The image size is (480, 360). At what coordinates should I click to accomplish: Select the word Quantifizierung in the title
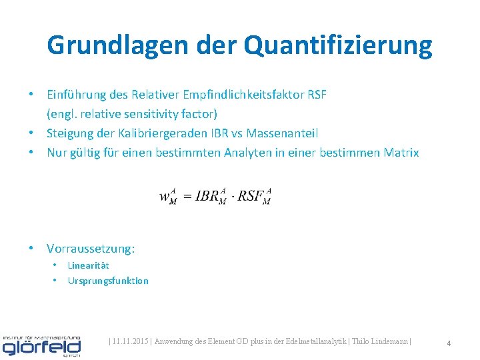tap(338, 45)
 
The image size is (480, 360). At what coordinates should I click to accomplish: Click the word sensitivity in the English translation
tap(151, 114)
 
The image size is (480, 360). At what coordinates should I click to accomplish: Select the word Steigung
tap(71, 133)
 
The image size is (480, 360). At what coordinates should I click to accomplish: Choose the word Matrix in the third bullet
tap(401, 153)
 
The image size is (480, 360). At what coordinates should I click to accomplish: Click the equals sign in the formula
tap(187, 197)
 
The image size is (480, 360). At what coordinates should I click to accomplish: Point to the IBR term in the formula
tap(211, 197)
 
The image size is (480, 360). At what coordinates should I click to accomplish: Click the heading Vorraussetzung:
tap(91, 249)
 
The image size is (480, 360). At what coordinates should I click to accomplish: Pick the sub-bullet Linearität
tap(89, 265)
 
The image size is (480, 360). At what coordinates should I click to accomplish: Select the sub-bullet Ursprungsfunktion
tap(108, 281)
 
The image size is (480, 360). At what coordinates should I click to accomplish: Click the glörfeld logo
tap(41, 345)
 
